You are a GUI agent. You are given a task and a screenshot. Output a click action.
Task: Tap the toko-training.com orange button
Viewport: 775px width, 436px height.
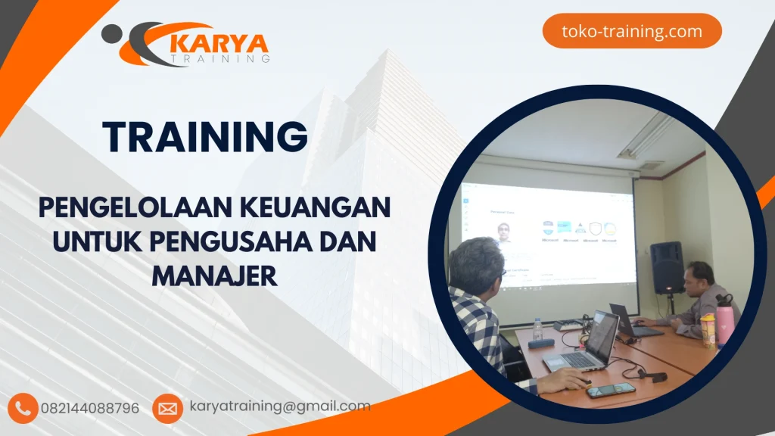click(x=632, y=31)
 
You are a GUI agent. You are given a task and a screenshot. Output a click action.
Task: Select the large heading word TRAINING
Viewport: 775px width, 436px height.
click(x=205, y=137)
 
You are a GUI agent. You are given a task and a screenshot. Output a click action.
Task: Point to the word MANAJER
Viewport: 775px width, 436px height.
click(x=215, y=275)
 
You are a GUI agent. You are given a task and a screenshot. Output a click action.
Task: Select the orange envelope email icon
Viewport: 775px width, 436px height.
click(x=167, y=409)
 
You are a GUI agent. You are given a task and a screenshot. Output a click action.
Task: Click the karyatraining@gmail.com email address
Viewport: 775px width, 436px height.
click(x=280, y=406)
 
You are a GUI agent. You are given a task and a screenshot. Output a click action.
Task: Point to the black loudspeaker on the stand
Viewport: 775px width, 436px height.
click(x=666, y=267)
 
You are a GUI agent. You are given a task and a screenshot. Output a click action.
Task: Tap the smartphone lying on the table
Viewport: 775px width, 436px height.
click(x=611, y=390)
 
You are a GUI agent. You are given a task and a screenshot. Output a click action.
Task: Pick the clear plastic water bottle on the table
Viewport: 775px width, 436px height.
click(x=537, y=329)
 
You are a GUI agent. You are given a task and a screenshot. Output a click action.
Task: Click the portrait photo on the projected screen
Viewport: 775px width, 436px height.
click(x=503, y=231)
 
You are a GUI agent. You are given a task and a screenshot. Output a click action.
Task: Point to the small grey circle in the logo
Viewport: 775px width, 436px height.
click(x=111, y=33)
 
